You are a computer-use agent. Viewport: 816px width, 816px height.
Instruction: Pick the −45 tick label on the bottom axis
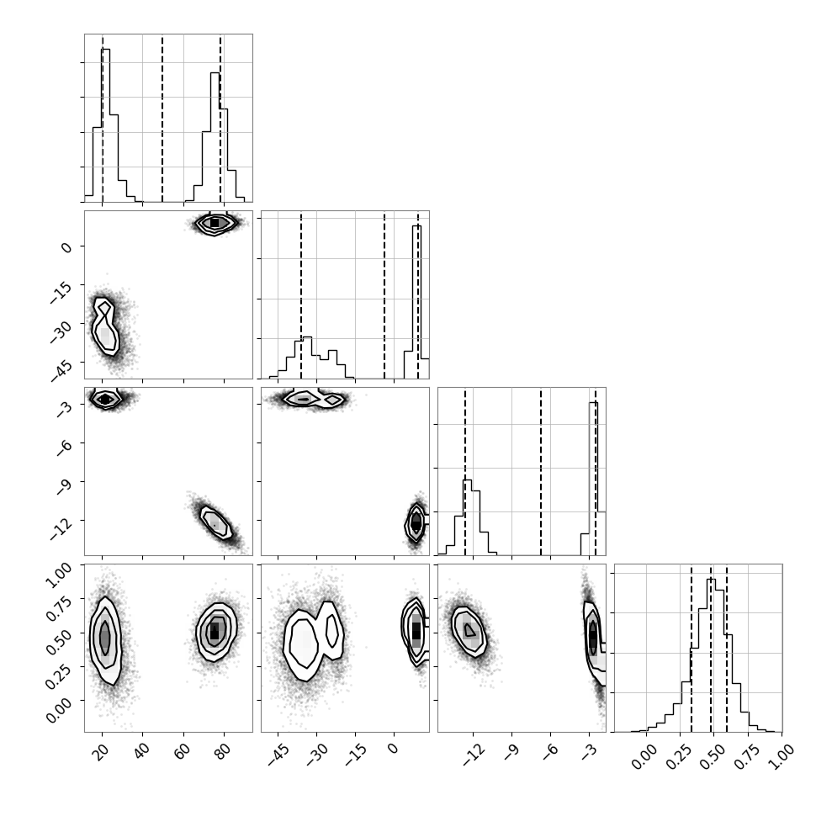click(278, 754)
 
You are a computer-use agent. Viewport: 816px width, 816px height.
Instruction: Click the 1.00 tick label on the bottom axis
click(780, 755)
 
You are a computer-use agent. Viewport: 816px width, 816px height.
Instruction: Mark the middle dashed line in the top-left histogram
click(162, 118)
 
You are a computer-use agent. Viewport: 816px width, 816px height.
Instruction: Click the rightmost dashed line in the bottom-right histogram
click(727, 648)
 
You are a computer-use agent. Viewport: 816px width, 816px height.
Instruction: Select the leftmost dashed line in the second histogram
click(301, 294)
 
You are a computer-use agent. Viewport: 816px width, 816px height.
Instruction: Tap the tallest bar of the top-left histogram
click(106, 125)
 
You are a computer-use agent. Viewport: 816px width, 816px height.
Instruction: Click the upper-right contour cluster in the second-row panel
click(215, 223)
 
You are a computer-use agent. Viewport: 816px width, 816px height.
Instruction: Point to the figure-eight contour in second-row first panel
click(106, 326)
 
